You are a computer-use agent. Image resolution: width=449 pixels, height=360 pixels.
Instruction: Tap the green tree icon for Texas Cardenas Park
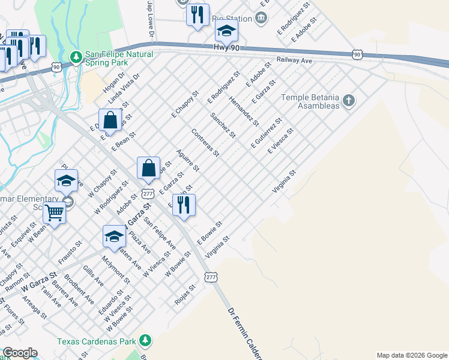click(x=144, y=341)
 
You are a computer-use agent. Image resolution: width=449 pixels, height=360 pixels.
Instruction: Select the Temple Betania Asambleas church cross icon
click(x=349, y=100)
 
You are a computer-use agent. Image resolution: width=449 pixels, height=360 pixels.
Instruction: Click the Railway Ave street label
click(x=294, y=61)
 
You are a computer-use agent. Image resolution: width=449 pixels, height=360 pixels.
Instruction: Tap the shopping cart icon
click(x=55, y=212)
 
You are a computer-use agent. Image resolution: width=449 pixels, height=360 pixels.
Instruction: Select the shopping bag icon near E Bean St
click(x=110, y=119)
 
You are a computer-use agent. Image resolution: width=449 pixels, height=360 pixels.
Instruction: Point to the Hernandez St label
click(x=244, y=112)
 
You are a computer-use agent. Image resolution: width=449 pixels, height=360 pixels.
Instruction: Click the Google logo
click(x=19, y=353)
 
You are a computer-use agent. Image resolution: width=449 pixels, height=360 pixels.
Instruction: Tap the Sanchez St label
click(x=223, y=124)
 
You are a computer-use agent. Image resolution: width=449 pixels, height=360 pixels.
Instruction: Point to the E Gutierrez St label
click(x=267, y=134)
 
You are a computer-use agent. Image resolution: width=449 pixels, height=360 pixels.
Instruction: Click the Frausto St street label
click(x=70, y=253)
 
